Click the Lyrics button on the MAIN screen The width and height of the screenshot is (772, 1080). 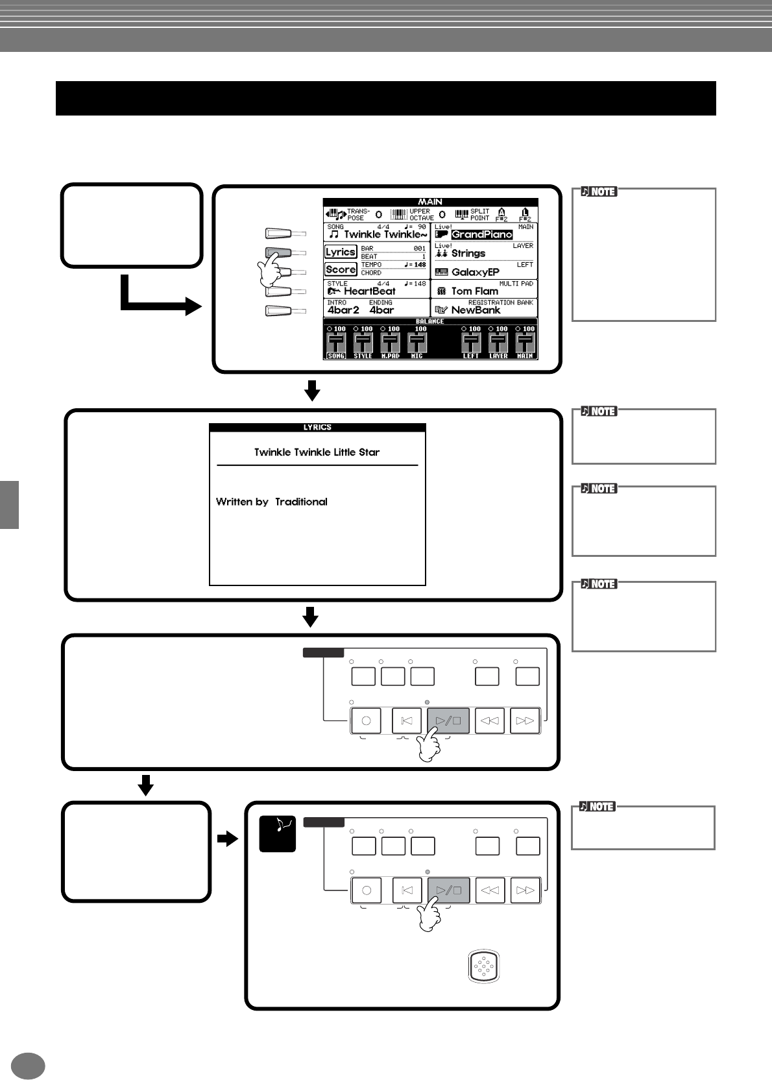pyautogui.click(x=341, y=252)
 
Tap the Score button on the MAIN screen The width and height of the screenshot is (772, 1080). pyautogui.click(x=341, y=269)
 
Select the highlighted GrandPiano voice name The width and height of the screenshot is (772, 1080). pyautogui.click(x=481, y=234)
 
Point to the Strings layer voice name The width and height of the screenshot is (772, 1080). pyautogui.click(x=468, y=253)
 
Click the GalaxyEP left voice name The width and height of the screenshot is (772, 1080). pyautogui.click(x=475, y=272)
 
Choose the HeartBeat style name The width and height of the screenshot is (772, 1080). pyautogui.click(x=369, y=291)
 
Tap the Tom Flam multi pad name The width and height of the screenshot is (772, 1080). pyautogui.click(x=474, y=291)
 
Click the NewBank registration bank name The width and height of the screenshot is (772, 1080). pyautogui.click(x=476, y=310)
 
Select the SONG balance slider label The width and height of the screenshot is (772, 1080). pyautogui.click(x=336, y=356)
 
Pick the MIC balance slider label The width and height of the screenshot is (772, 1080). pyautogui.click(x=416, y=356)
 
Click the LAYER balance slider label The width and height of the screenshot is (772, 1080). pyautogui.click(x=498, y=356)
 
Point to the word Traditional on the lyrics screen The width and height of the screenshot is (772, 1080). pyautogui.click(x=301, y=502)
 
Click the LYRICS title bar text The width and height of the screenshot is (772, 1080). pyautogui.click(x=317, y=427)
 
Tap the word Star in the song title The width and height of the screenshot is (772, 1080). pyautogui.click(x=369, y=452)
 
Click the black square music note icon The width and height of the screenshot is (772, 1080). pyautogui.click(x=278, y=833)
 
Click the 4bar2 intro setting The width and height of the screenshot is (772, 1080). pyautogui.click(x=343, y=310)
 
